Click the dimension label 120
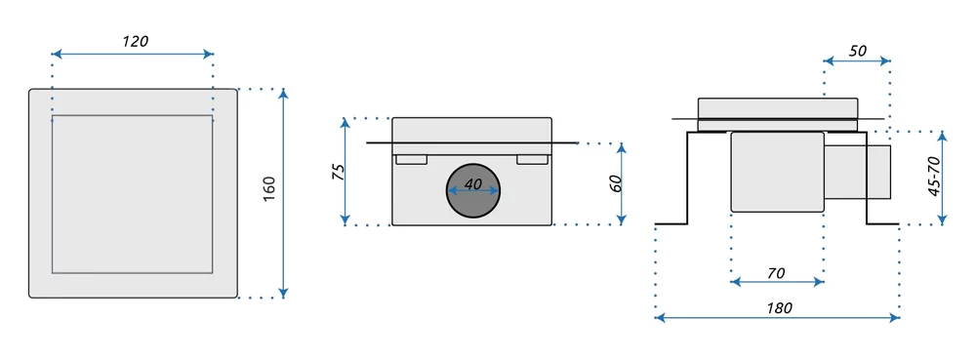135,42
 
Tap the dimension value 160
268,189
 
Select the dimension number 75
338,173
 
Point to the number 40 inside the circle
473,184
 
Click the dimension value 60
615,184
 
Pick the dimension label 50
858,51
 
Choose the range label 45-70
933,178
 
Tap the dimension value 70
776,272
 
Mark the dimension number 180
779,307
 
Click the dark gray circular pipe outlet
473,192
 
